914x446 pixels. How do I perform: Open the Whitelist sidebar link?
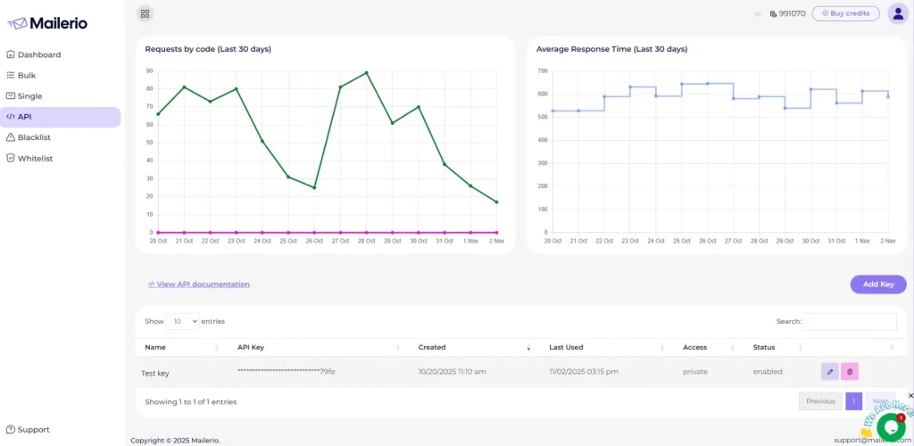[x=36, y=159]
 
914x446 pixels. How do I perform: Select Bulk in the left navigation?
[x=27, y=76]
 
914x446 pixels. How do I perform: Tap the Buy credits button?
[x=845, y=13]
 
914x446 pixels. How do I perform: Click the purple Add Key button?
[x=878, y=285]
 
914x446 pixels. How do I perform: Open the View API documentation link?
[x=199, y=285]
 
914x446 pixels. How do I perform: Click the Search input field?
[x=850, y=321]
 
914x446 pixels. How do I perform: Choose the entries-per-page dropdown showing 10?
[x=183, y=321]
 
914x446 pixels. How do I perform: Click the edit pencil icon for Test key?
[x=830, y=372]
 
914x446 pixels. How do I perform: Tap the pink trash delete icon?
[x=851, y=372]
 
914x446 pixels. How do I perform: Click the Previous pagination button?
[x=820, y=401]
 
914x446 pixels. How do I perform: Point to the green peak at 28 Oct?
[x=366, y=72]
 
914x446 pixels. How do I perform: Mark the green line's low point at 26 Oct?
[x=314, y=187]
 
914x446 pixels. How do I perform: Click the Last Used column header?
[x=566, y=347]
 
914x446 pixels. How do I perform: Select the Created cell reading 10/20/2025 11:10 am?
[x=452, y=372]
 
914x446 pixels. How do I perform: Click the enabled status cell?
[x=768, y=372]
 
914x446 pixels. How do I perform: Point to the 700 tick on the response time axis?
[x=543, y=70]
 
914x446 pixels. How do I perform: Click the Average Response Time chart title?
[x=611, y=49]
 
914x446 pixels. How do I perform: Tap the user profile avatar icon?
[x=898, y=13]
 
